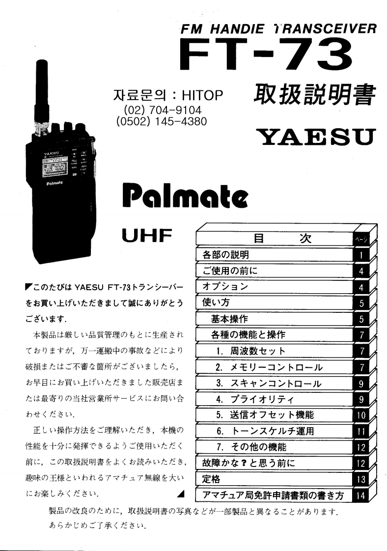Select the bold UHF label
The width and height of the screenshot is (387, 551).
point(146,236)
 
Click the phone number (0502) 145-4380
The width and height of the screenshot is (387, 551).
point(162,121)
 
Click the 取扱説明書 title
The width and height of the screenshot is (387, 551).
point(314,97)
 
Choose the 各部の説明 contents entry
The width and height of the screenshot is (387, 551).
point(225,255)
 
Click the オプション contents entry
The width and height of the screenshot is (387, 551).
point(225,287)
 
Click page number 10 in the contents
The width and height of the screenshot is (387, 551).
point(361,415)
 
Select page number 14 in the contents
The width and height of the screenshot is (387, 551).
point(361,496)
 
